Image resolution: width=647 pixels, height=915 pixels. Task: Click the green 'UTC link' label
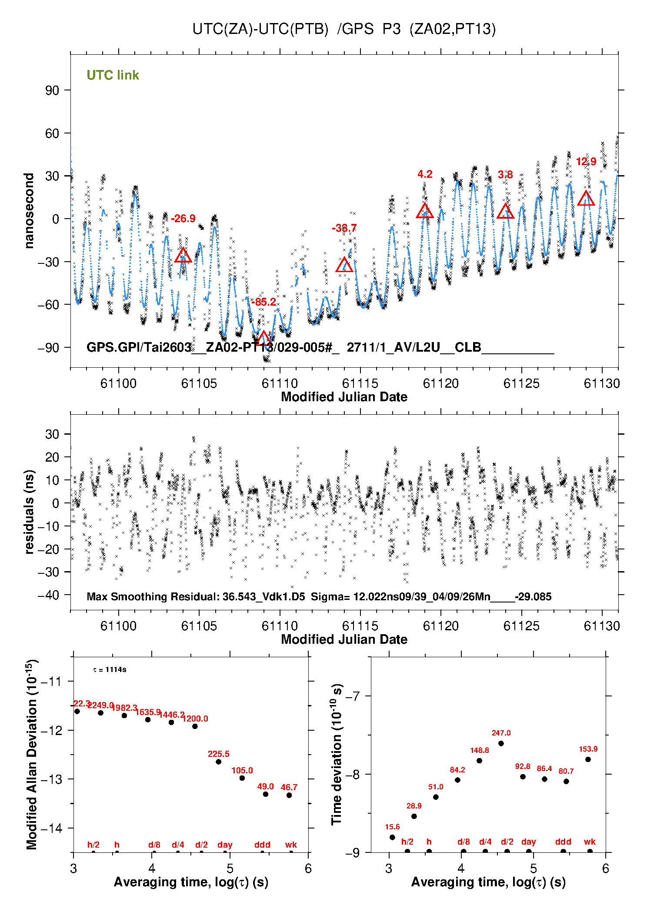[113, 75]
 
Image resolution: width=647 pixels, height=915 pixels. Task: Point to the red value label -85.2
[264, 302]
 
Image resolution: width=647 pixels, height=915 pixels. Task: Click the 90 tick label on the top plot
[52, 90]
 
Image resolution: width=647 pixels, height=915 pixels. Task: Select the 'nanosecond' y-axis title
[29, 211]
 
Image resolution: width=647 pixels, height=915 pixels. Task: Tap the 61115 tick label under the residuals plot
[360, 626]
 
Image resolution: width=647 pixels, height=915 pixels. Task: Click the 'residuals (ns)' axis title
[29, 512]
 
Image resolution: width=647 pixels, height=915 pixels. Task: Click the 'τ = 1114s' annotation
[110, 670]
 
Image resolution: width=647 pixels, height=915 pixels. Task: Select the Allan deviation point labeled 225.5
[219, 762]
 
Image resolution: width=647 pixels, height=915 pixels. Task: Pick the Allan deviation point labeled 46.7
[289, 795]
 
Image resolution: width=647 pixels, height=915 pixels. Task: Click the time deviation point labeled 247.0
[501, 743]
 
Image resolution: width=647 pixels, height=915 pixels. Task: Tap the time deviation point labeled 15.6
[392, 837]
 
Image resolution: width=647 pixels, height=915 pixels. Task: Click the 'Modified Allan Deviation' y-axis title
[31, 754]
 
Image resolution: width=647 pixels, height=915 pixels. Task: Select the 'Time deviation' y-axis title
[337, 755]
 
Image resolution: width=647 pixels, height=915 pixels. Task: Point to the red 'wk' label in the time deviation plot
[590, 842]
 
